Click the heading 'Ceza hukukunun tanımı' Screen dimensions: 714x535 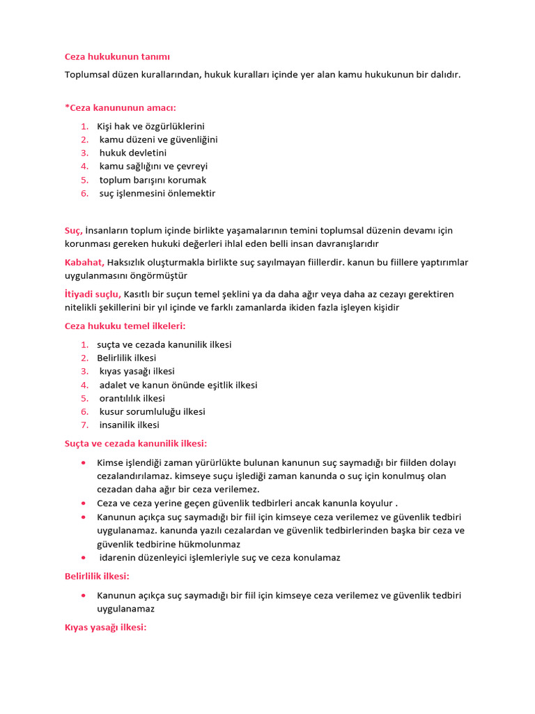point(117,56)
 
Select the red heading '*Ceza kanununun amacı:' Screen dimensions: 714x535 point(121,107)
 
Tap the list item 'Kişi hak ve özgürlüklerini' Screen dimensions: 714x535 point(150,126)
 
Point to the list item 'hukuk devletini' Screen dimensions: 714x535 point(133,153)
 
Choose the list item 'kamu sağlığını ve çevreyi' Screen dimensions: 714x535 point(153,166)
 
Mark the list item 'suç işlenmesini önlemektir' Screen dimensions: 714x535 point(157,193)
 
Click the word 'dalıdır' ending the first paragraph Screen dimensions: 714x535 point(444,74)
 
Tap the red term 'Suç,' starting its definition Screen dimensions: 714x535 point(73,230)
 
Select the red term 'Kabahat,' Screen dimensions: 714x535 point(84,262)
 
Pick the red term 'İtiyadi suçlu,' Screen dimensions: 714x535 point(93,294)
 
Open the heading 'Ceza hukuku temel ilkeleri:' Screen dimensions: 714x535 point(125,326)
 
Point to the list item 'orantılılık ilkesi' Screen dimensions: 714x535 point(132,398)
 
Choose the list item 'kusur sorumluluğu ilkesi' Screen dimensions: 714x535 point(153,411)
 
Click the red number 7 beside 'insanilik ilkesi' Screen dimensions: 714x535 point(84,425)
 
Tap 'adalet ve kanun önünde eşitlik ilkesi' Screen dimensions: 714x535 point(178,385)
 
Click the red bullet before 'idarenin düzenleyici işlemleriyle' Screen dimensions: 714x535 point(84,558)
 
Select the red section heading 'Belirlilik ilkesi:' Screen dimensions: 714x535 point(97,576)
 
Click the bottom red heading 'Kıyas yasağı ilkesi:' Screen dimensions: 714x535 point(105,628)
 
